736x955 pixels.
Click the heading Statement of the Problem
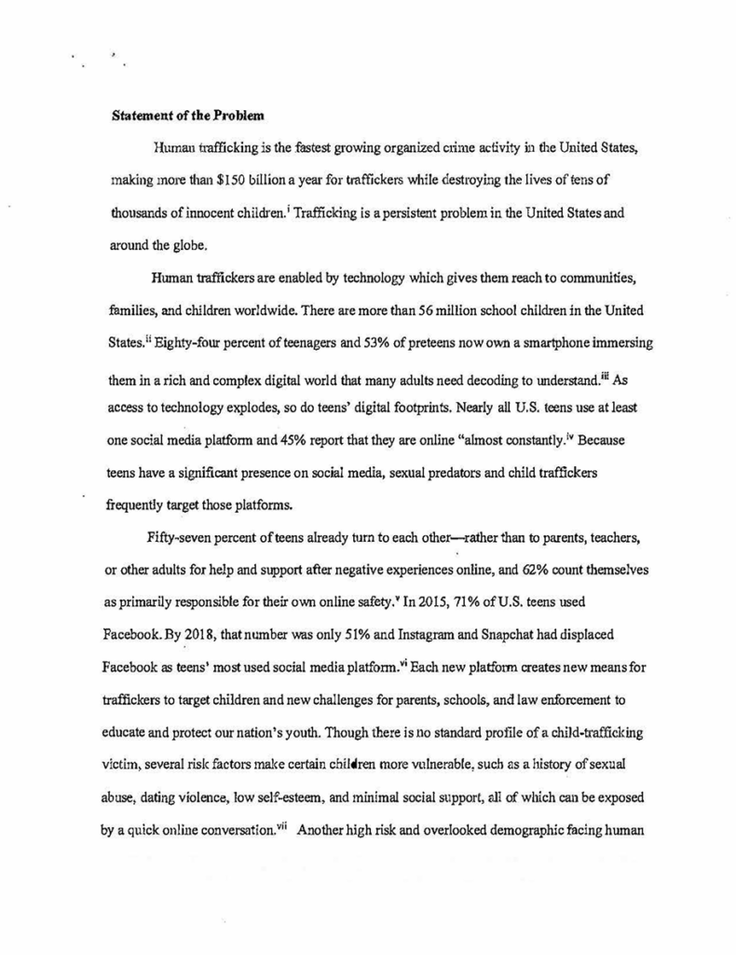click(188, 118)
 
